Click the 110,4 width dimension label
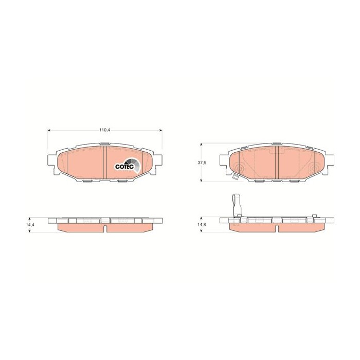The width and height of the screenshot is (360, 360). click(x=105, y=130)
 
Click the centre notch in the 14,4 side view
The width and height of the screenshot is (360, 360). click(x=105, y=222)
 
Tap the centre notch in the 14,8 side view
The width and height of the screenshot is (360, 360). click(x=276, y=222)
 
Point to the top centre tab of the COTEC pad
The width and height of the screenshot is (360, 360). click(x=105, y=144)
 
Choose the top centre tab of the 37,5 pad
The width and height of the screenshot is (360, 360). click(x=276, y=144)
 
